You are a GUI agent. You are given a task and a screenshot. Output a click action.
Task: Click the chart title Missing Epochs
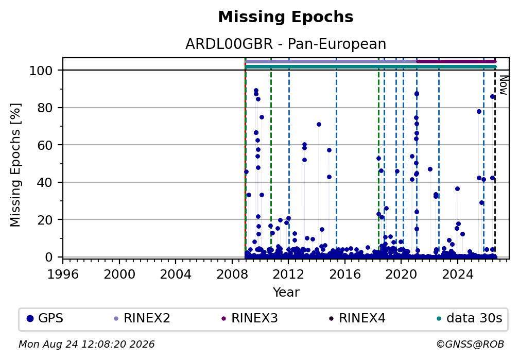[x=286, y=17]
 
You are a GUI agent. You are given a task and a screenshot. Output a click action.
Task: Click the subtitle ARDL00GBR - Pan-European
[x=286, y=44]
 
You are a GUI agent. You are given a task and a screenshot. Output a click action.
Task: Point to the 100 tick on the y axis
[x=41, y=71]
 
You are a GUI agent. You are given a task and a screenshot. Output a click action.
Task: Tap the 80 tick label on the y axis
[x=45, y=108]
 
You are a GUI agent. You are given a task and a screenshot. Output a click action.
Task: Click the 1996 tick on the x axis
[x=63, y=274]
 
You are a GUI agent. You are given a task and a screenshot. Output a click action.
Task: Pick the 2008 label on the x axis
[x=232, y=274]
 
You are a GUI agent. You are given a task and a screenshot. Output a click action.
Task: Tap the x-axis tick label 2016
[x=345, y=274]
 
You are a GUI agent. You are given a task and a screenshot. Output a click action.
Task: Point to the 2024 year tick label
[x=458, y=274]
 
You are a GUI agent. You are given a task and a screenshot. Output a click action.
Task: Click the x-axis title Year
[x=286, y=292]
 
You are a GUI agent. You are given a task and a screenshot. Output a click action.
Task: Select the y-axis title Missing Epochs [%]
[x=15, y=165]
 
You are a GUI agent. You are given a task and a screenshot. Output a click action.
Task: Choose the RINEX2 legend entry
[x=142, y=319]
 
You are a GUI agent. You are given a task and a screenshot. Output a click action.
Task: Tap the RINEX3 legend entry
[x=249, y=319]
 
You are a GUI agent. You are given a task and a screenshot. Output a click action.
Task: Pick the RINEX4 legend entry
[x=357, y=319]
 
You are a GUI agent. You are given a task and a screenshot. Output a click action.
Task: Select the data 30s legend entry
[x=470, y=319]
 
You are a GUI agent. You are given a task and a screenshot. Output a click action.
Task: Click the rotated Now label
[x=503, y=85]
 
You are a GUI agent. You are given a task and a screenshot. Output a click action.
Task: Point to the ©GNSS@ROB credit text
[x=470, y=345]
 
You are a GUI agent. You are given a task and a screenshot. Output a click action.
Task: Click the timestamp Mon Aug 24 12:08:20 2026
[x=86, y=345]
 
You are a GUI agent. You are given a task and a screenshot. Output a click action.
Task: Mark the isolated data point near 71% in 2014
[x=319, y=125]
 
